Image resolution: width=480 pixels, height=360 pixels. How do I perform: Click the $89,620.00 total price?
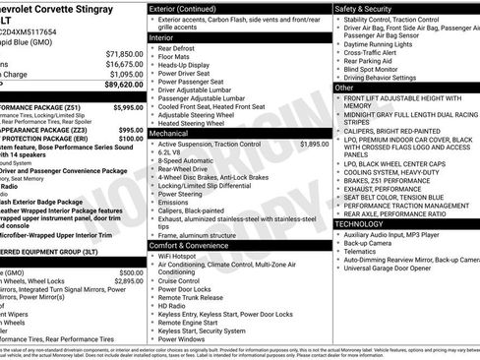pos(118,86)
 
